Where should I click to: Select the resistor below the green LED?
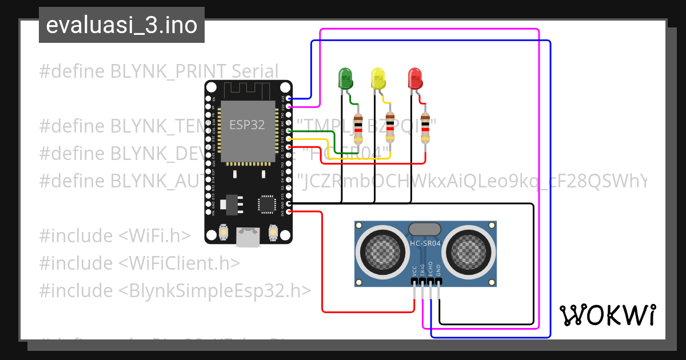[x=358, y=128]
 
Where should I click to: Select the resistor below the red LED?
[x=425, y=128]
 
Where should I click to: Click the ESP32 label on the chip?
[x=247, y=125]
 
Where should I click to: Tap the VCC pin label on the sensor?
[x=414, y=270]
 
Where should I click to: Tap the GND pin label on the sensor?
[x=438, y=270]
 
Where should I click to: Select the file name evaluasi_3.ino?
[x=121, y=26]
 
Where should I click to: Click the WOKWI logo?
[x=607, y=315]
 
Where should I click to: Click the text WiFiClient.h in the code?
[x=180, y=263]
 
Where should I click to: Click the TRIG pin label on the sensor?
[x=422, y=270]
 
